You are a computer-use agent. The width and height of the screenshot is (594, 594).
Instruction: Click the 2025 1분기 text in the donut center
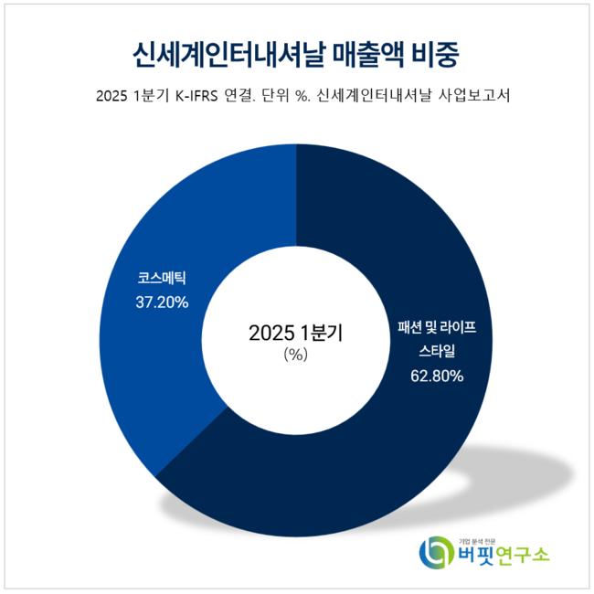tap(296, 334)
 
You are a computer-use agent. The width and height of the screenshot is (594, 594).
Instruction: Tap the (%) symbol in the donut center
tap(296, 355)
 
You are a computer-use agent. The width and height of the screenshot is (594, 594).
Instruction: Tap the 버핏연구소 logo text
tap(504, 555)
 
